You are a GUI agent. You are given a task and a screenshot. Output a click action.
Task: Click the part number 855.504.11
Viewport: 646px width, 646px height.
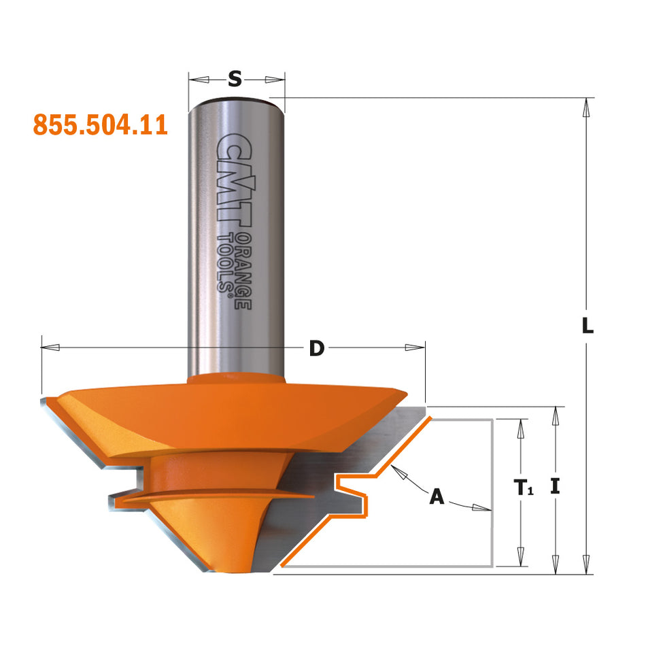point(100,124)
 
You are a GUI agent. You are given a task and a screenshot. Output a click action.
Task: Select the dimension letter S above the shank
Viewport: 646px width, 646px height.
point(235,80)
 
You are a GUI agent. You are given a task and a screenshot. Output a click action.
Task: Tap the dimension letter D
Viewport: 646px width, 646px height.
point(316,348)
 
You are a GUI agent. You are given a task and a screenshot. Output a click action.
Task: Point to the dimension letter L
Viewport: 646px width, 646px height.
point(588,327)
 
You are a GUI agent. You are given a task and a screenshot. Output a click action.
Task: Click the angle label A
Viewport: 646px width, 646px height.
point(436,497)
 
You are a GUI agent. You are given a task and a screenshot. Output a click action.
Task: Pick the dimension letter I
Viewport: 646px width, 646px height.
point(556,488)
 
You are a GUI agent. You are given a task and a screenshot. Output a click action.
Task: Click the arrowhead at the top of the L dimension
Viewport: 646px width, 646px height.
point(585,107)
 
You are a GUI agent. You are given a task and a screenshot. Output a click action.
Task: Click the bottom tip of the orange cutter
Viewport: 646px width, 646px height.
point(224,570)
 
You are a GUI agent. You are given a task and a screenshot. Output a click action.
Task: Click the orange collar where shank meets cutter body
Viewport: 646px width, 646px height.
point(235,378)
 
